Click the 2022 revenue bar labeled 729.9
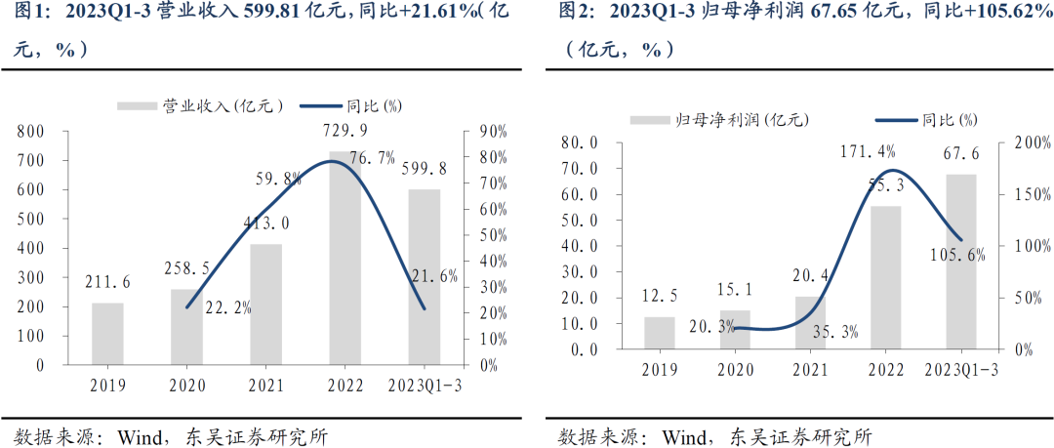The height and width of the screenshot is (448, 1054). (345, 264)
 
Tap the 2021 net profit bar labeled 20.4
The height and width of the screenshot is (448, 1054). (810, 322)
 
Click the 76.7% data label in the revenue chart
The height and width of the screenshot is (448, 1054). (372, 158)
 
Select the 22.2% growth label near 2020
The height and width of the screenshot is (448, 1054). (229, 307)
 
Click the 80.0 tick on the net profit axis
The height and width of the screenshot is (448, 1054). (583, 143)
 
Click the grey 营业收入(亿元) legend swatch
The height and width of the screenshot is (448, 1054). (137, 105)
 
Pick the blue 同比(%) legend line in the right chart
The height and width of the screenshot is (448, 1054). (895, 119)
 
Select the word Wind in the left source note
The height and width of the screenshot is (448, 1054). (146, 436)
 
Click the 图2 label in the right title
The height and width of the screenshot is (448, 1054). (576, 13)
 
